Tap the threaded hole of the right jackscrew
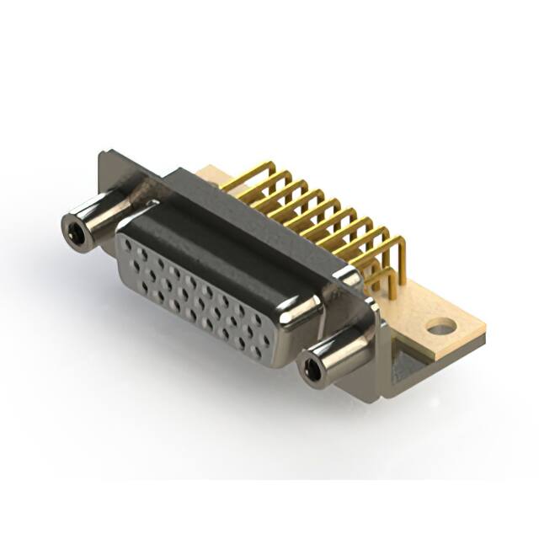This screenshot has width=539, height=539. pyautogui.click(x=314, y=367)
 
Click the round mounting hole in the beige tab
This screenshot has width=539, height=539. pyautogui.click(x=440, y=324)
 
